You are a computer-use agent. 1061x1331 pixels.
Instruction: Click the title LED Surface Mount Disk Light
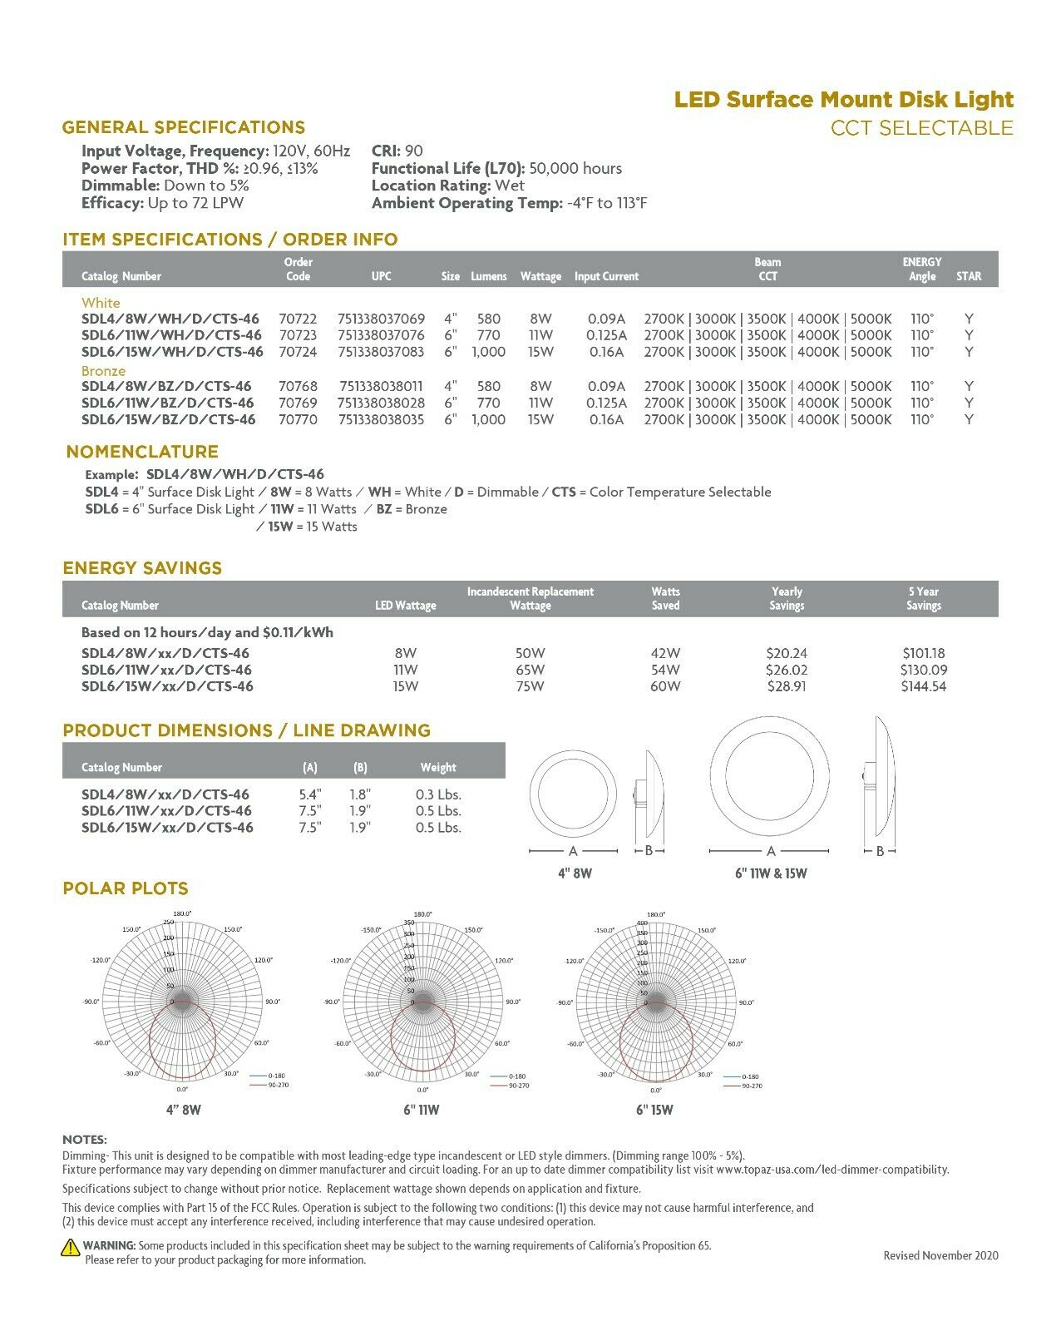[x=843, y=100]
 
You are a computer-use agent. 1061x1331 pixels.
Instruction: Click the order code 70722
[x=298, y=319]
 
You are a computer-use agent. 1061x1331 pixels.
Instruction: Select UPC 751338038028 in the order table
[x=381, y=403]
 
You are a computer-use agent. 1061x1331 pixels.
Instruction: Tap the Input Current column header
[x=606, y=276]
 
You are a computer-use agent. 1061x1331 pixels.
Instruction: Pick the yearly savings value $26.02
[x=786, y=670]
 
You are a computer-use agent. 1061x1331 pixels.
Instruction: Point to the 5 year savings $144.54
[x=923, y=686]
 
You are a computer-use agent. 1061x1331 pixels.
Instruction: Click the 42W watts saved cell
[x=665, y=653]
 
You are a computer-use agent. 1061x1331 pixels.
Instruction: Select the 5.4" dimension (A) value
[x=310, y=794]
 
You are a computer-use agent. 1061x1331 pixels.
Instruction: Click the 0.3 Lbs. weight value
[x=438, y=794]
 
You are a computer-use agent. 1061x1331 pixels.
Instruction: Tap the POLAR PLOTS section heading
[x=126, y=888]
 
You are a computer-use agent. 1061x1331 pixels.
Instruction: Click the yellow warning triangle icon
[x=71, y=1247]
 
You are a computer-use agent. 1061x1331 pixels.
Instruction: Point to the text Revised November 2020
[x=940, y=1255]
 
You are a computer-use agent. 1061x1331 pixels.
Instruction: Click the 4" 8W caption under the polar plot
[x=183, y=1110]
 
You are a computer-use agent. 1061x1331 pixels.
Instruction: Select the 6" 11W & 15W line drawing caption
[x=770, y=873]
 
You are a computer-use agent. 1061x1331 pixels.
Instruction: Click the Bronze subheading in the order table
[x=103, y=370]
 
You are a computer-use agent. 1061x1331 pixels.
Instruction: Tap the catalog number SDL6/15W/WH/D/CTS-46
[x=172, y=352]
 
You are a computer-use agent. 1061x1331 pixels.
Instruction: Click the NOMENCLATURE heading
[x=142, y=452]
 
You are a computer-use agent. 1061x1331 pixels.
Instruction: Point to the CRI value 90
[x=413, y=151]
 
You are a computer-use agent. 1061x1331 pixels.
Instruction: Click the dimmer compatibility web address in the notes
[x=832, y=1170]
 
